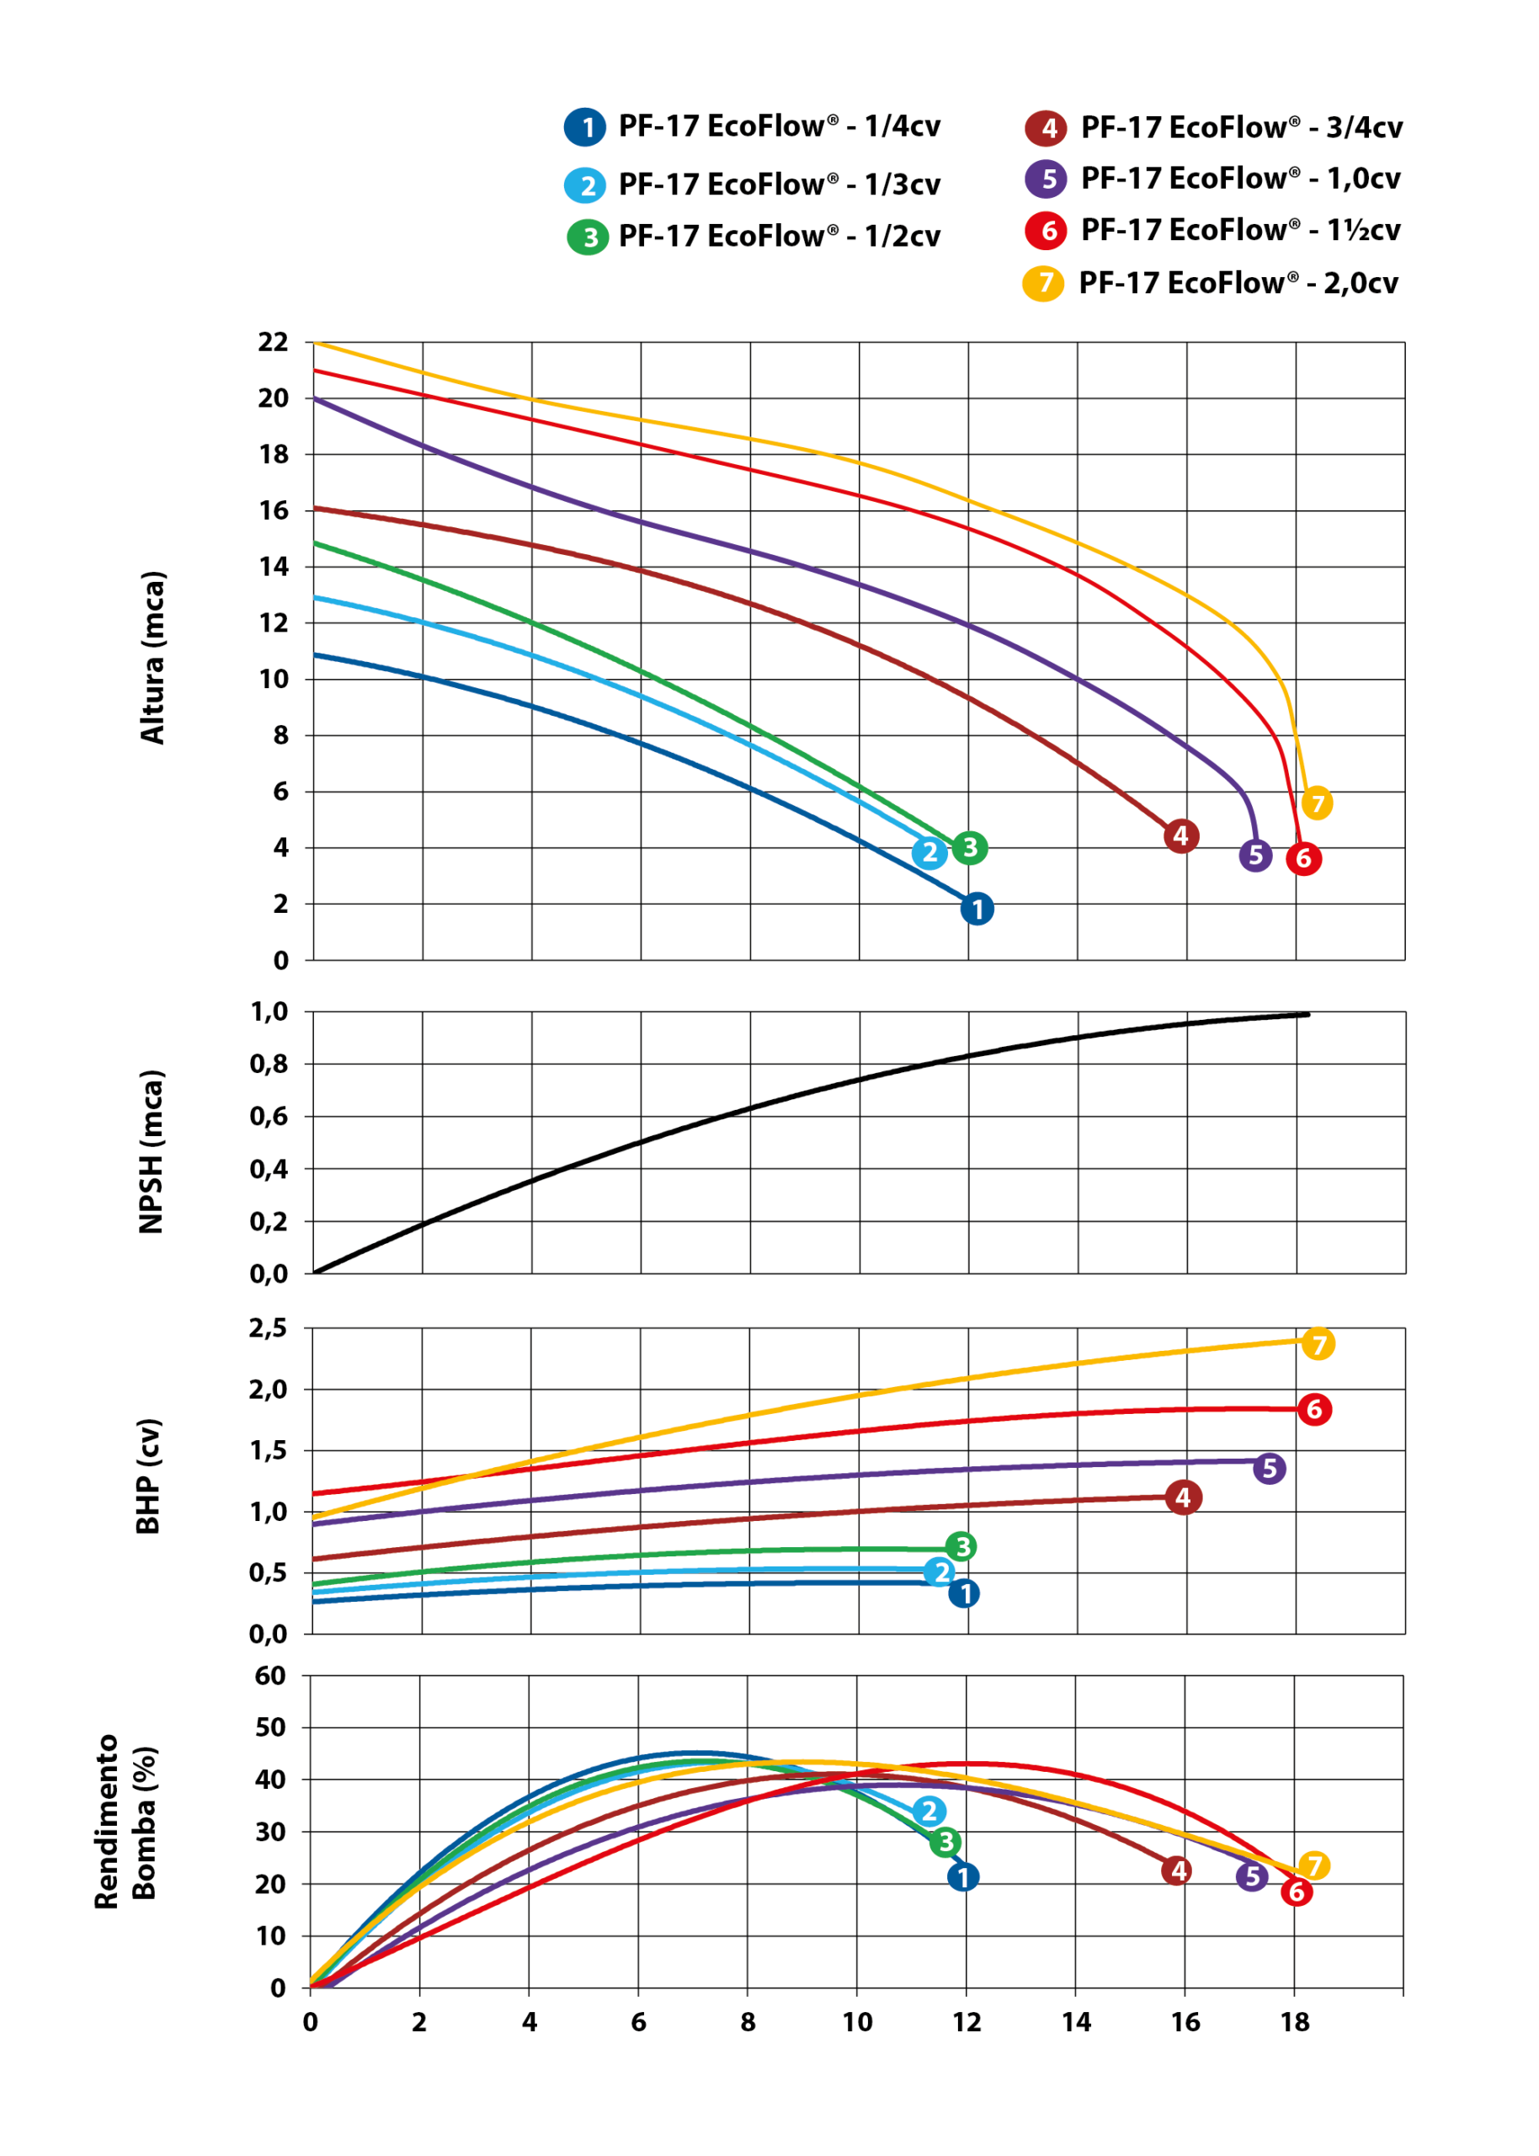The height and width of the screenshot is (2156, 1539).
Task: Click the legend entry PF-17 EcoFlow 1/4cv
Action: [753, 127]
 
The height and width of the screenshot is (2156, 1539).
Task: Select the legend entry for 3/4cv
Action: [1214, 128]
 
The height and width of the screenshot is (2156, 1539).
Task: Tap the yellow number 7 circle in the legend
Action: [1042, 282]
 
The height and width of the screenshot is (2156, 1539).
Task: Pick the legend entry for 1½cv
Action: [1214, 230]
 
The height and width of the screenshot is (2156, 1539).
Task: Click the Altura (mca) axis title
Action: [152, 658]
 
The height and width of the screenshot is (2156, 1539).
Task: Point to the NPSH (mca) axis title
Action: [152, 1151]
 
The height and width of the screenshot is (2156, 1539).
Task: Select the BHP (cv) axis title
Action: [149, 1476]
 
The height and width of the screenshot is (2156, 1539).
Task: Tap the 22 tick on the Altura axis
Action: [273, 343]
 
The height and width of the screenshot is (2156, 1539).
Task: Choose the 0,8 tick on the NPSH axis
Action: [269, 1065]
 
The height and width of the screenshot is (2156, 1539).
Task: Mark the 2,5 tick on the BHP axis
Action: [269, 1329]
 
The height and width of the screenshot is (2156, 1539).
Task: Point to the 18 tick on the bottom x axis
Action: [1295, 2022]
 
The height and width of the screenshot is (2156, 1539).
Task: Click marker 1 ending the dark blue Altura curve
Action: [977, 909]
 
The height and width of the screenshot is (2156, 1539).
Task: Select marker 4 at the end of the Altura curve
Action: [1181, 835]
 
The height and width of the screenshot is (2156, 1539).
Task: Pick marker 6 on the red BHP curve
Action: [1314, 1409]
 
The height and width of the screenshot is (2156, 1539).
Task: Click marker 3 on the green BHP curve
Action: [961, 1546]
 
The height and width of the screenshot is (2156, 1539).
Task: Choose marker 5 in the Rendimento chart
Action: [1252, 1876]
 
